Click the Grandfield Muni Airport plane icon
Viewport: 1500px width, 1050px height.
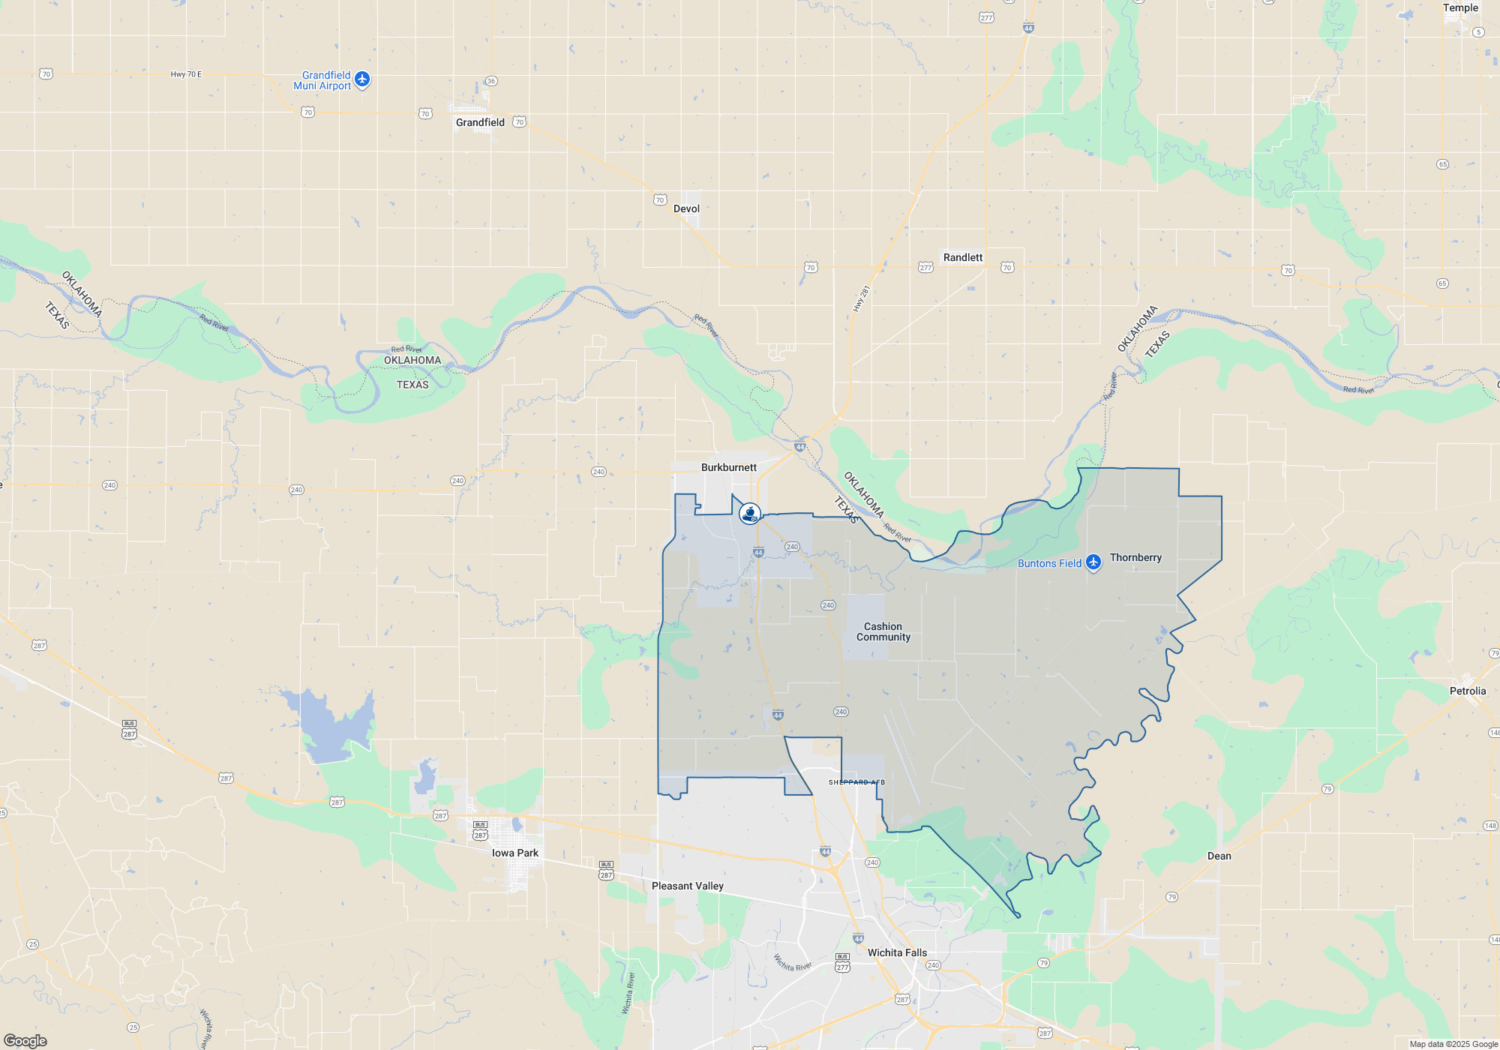[362, 79]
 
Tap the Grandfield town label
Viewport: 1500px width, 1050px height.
[480, 122]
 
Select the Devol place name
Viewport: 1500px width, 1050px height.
[686, 208]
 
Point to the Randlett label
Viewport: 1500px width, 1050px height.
[962, 257]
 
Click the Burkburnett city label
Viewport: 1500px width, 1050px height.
[728, 467]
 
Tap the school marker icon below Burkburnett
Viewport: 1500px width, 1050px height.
[749, 513]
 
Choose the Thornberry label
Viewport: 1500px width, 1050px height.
[1135, 557]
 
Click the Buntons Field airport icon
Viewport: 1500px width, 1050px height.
[1093, 562]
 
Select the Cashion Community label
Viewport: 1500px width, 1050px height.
[883, 631]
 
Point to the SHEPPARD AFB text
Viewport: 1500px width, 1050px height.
[856, 782]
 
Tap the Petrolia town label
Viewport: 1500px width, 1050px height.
[1467, 691]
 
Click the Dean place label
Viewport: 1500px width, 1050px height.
[1219, 856]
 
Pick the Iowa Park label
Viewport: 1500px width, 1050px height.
[514, 853]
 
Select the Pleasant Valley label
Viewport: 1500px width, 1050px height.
[687, 886]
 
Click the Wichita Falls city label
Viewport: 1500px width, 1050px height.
[897, 952]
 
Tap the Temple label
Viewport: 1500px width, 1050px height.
[1460, 7]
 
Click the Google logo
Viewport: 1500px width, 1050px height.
[25, 1040]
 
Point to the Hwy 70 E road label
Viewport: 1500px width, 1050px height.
[186, 74]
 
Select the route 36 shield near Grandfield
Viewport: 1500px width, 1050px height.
[491, 81]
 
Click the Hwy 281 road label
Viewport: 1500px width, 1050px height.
[861, 298]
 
